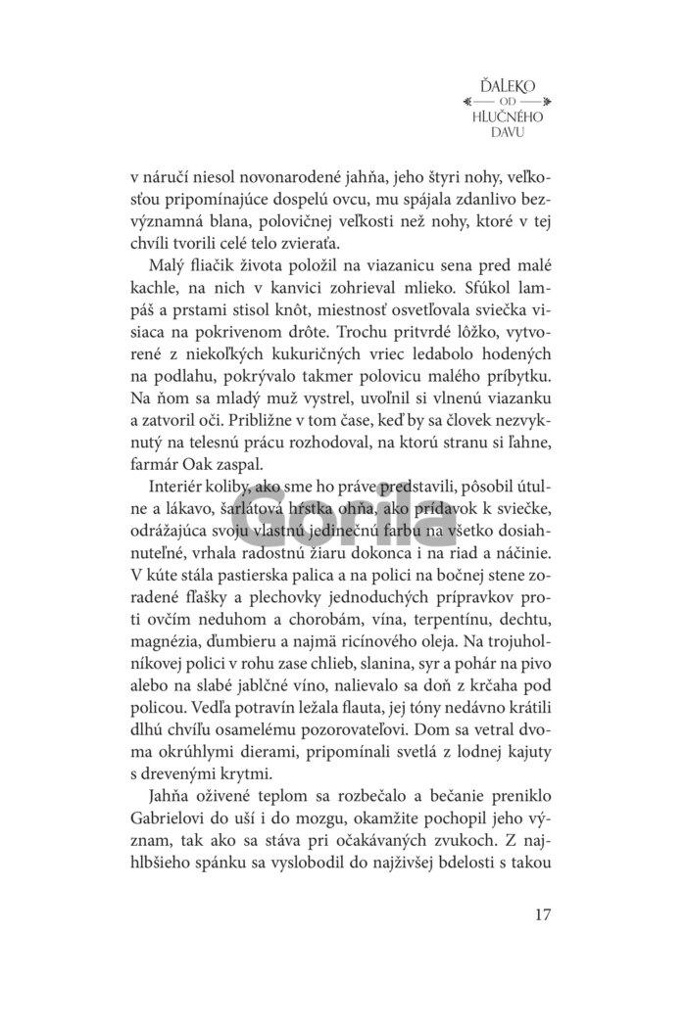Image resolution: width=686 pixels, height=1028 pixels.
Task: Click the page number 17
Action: click(x=544, y=916)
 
